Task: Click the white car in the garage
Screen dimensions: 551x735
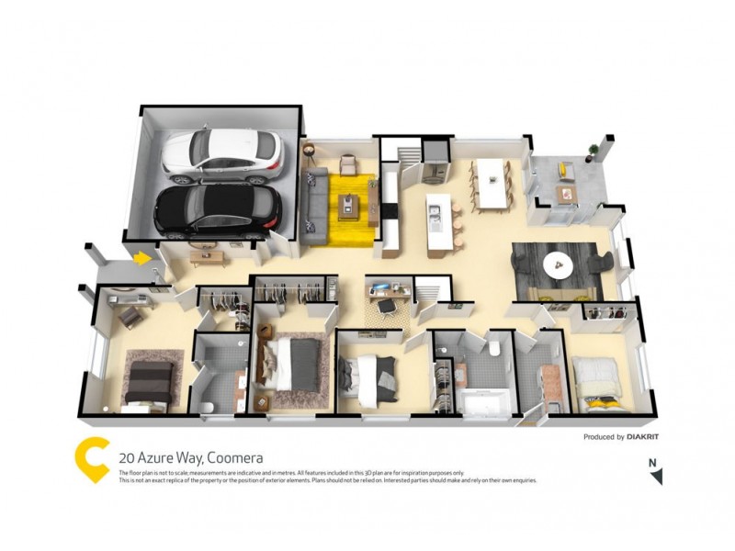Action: [221, 153]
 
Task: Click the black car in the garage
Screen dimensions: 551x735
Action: [216, 209]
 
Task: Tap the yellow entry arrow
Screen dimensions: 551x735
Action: [141, 259]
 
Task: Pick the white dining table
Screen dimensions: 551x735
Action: [491, 182]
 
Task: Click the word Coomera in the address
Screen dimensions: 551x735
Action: [235, 456]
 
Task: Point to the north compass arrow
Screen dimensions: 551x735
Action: [655, 477]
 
